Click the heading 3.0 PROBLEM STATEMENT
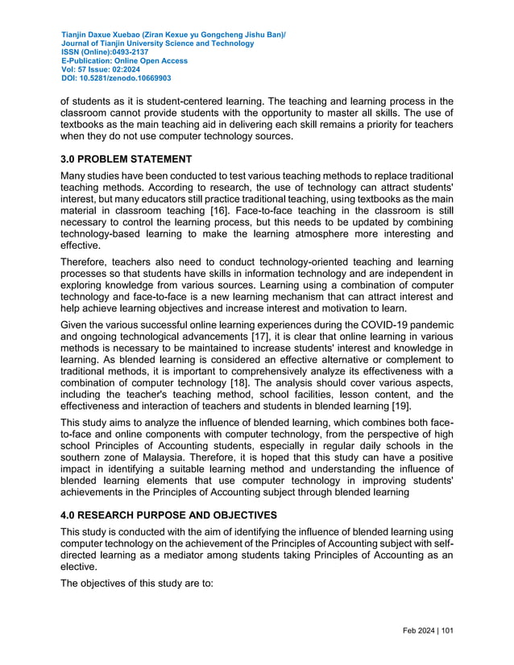[x=126, y=159]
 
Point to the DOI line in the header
[x=116, y=79]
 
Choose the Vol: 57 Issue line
[x=101, y=70]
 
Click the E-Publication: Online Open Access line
[x=124, y=61]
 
